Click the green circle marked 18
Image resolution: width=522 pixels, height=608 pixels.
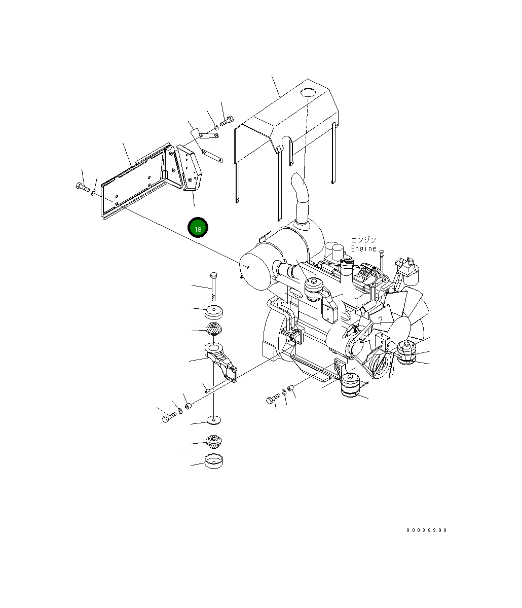click(198, 229)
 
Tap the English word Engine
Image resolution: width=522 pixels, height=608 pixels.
click(363, 248)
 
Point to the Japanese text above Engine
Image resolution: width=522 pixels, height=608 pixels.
click(363, 240)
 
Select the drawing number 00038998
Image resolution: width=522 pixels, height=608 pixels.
click(426, 530)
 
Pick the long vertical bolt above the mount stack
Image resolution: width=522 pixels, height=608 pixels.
click(214, 285)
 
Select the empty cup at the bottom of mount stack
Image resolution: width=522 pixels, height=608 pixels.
click(213, 461)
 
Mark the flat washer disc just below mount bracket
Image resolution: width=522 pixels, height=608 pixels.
click(213, 420)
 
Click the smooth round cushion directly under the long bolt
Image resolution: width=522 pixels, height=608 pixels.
click(214, 313)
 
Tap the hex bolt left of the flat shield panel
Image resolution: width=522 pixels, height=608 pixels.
click(82, 188)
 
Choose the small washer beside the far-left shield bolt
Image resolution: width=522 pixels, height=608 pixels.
click(94, 192)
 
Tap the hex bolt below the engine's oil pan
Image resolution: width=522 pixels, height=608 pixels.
click(273, 400)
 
